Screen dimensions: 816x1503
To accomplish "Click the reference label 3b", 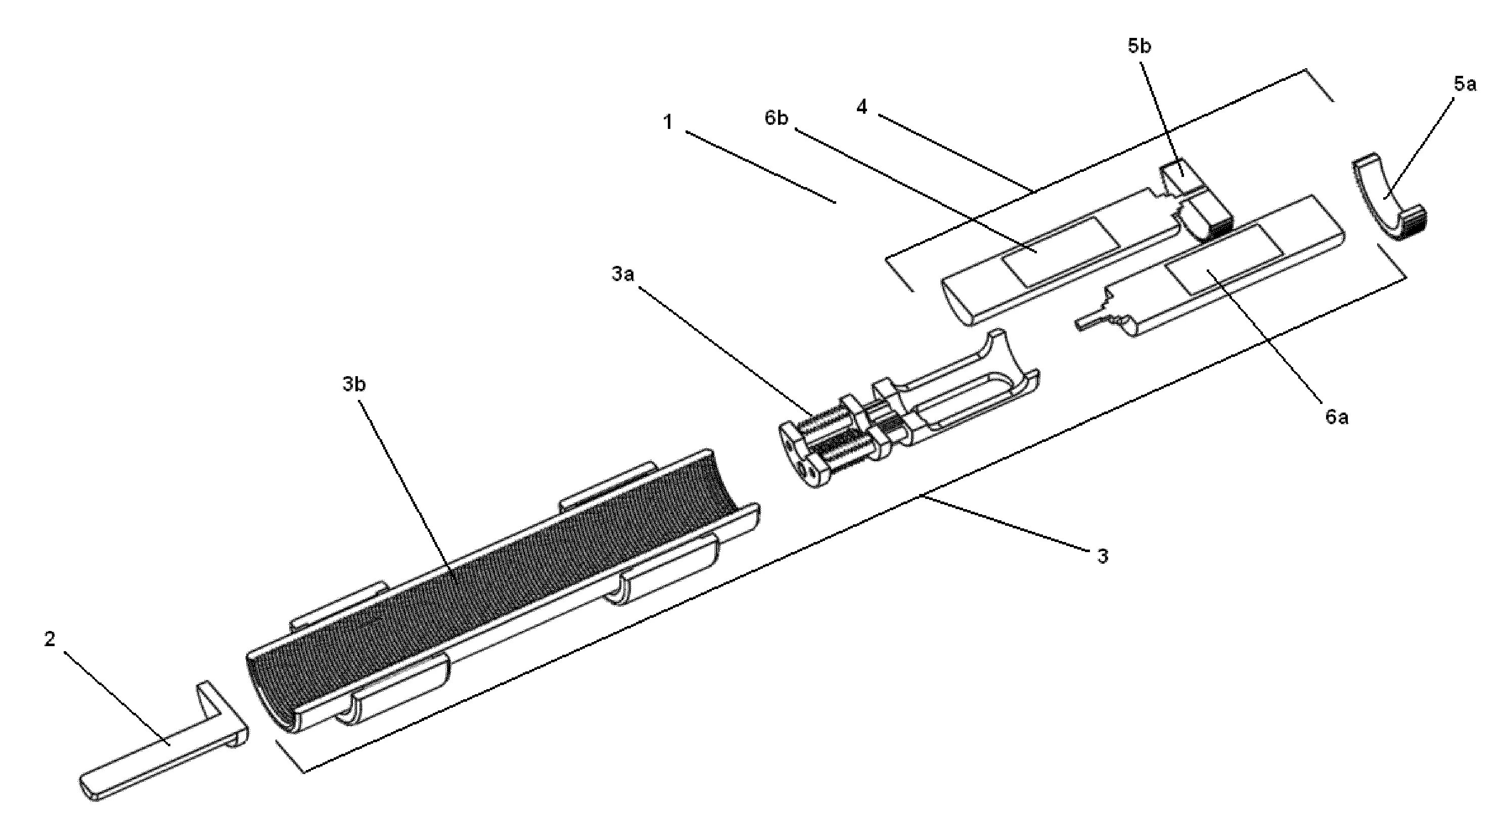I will click(353, 385).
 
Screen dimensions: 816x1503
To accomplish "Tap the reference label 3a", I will click(622, 274).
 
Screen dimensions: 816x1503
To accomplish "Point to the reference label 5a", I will click(1465, 84).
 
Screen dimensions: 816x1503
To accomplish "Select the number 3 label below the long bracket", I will click(1102, 556).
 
